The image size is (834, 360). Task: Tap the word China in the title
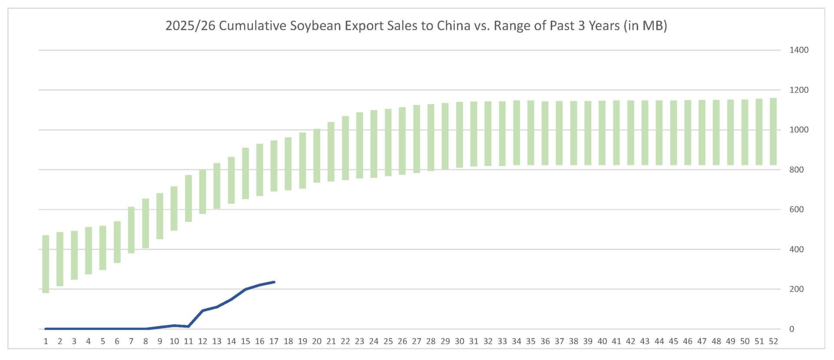click(x=453, y=26)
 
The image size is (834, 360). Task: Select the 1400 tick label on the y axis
click(x=798, y=50)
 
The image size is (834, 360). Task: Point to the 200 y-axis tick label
click(x=796, y=289)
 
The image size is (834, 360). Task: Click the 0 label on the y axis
click(x=791, y=329)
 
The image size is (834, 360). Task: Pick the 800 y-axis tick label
click(x=796, y=170)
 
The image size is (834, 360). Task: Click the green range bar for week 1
click(x=46, y=264)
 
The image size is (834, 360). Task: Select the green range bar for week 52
click(x=773, y=131)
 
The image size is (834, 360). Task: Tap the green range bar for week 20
click(x=317, y=155)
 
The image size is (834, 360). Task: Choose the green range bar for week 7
click(x=131, y=230)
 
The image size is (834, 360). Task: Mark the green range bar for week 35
click(x=530, y=132)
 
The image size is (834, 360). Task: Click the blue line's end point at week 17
click(x=274, y=282)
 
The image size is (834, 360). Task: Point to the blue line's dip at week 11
click(x=188, y=326)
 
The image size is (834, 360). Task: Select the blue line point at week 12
click(x=202, y=310)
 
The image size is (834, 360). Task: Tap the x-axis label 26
click(x=402, y=341)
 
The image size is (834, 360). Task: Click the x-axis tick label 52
click(x=773, y=341)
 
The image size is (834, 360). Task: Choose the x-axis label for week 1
click(x=46, y=341)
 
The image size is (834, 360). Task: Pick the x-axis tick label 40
click(x=602, y=341)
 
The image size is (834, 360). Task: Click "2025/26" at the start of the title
click(x=190, y=26)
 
